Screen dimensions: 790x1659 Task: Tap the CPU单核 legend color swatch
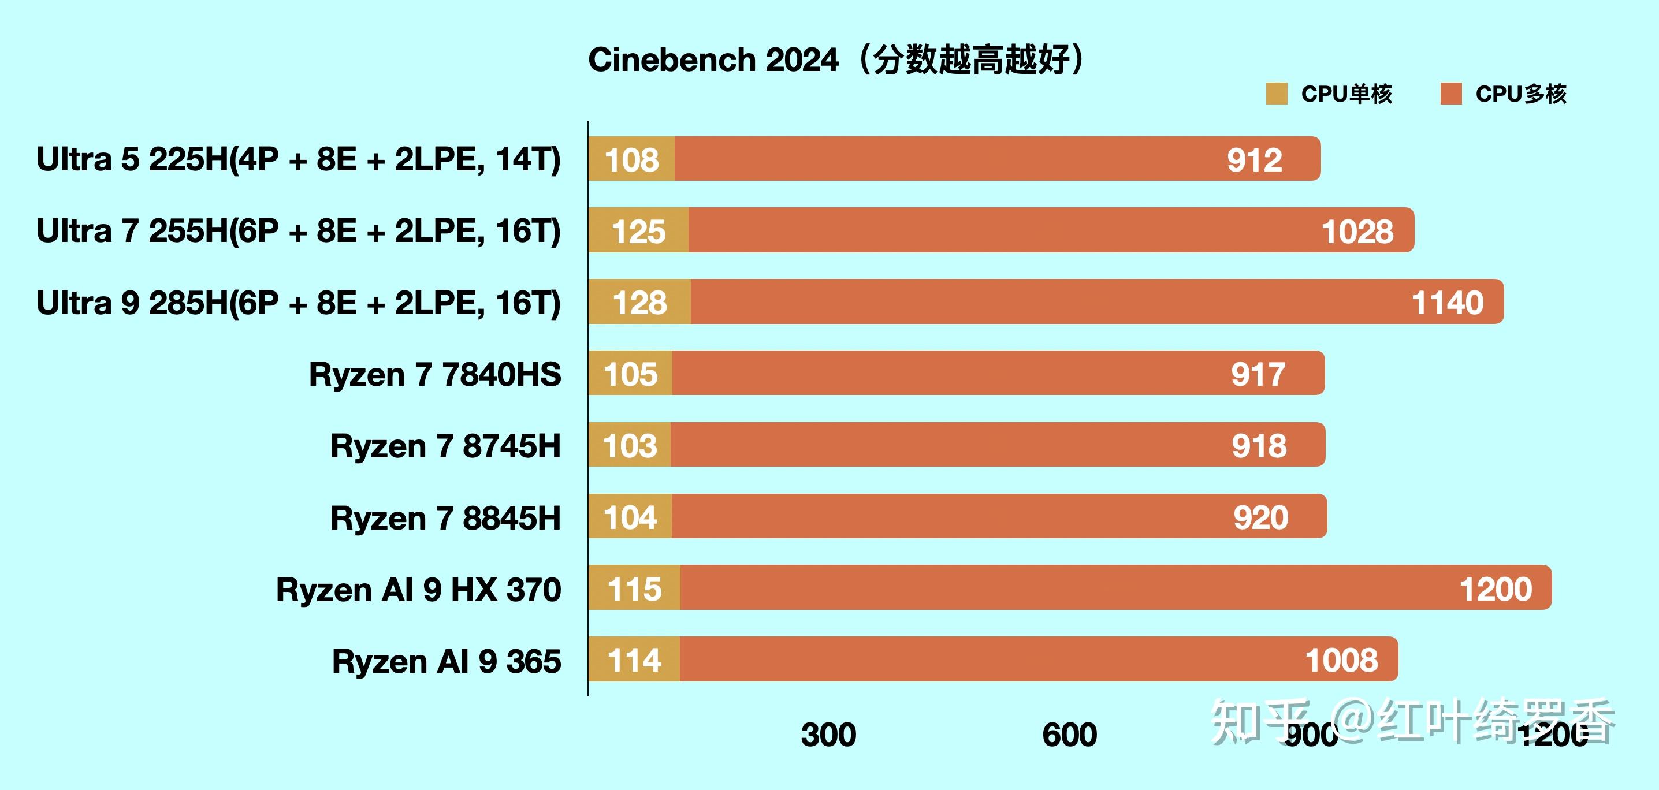(x=1277, y=94)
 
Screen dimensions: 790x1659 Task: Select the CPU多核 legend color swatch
(x=1451, y=94)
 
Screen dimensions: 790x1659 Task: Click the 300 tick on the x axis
(x=828, y=735)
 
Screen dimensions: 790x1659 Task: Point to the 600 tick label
(x=1069, y=735)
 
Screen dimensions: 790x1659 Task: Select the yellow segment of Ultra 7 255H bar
(x=638, y=230)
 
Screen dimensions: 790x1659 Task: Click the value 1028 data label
(x=1357, y=231)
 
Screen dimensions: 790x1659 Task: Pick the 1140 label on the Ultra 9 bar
(x=1447, y=303)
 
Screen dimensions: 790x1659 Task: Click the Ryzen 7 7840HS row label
(x=435, y=374)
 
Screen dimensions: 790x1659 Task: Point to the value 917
(x=1258, y=374)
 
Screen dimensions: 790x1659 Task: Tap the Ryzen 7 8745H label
(x=445, y=446)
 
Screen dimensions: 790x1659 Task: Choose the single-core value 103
(x=630, y=446)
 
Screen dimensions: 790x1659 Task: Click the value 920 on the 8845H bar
(x=1260, y=517)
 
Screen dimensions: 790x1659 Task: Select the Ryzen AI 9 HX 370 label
(x=418, y=589)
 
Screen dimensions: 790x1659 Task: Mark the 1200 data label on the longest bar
(x=1496, y=589)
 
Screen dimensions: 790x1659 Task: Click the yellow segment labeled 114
(x=634, y=660)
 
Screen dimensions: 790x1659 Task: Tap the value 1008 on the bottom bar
(x=1341, y=660)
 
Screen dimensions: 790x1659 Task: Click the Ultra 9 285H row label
(x=298, y=303)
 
